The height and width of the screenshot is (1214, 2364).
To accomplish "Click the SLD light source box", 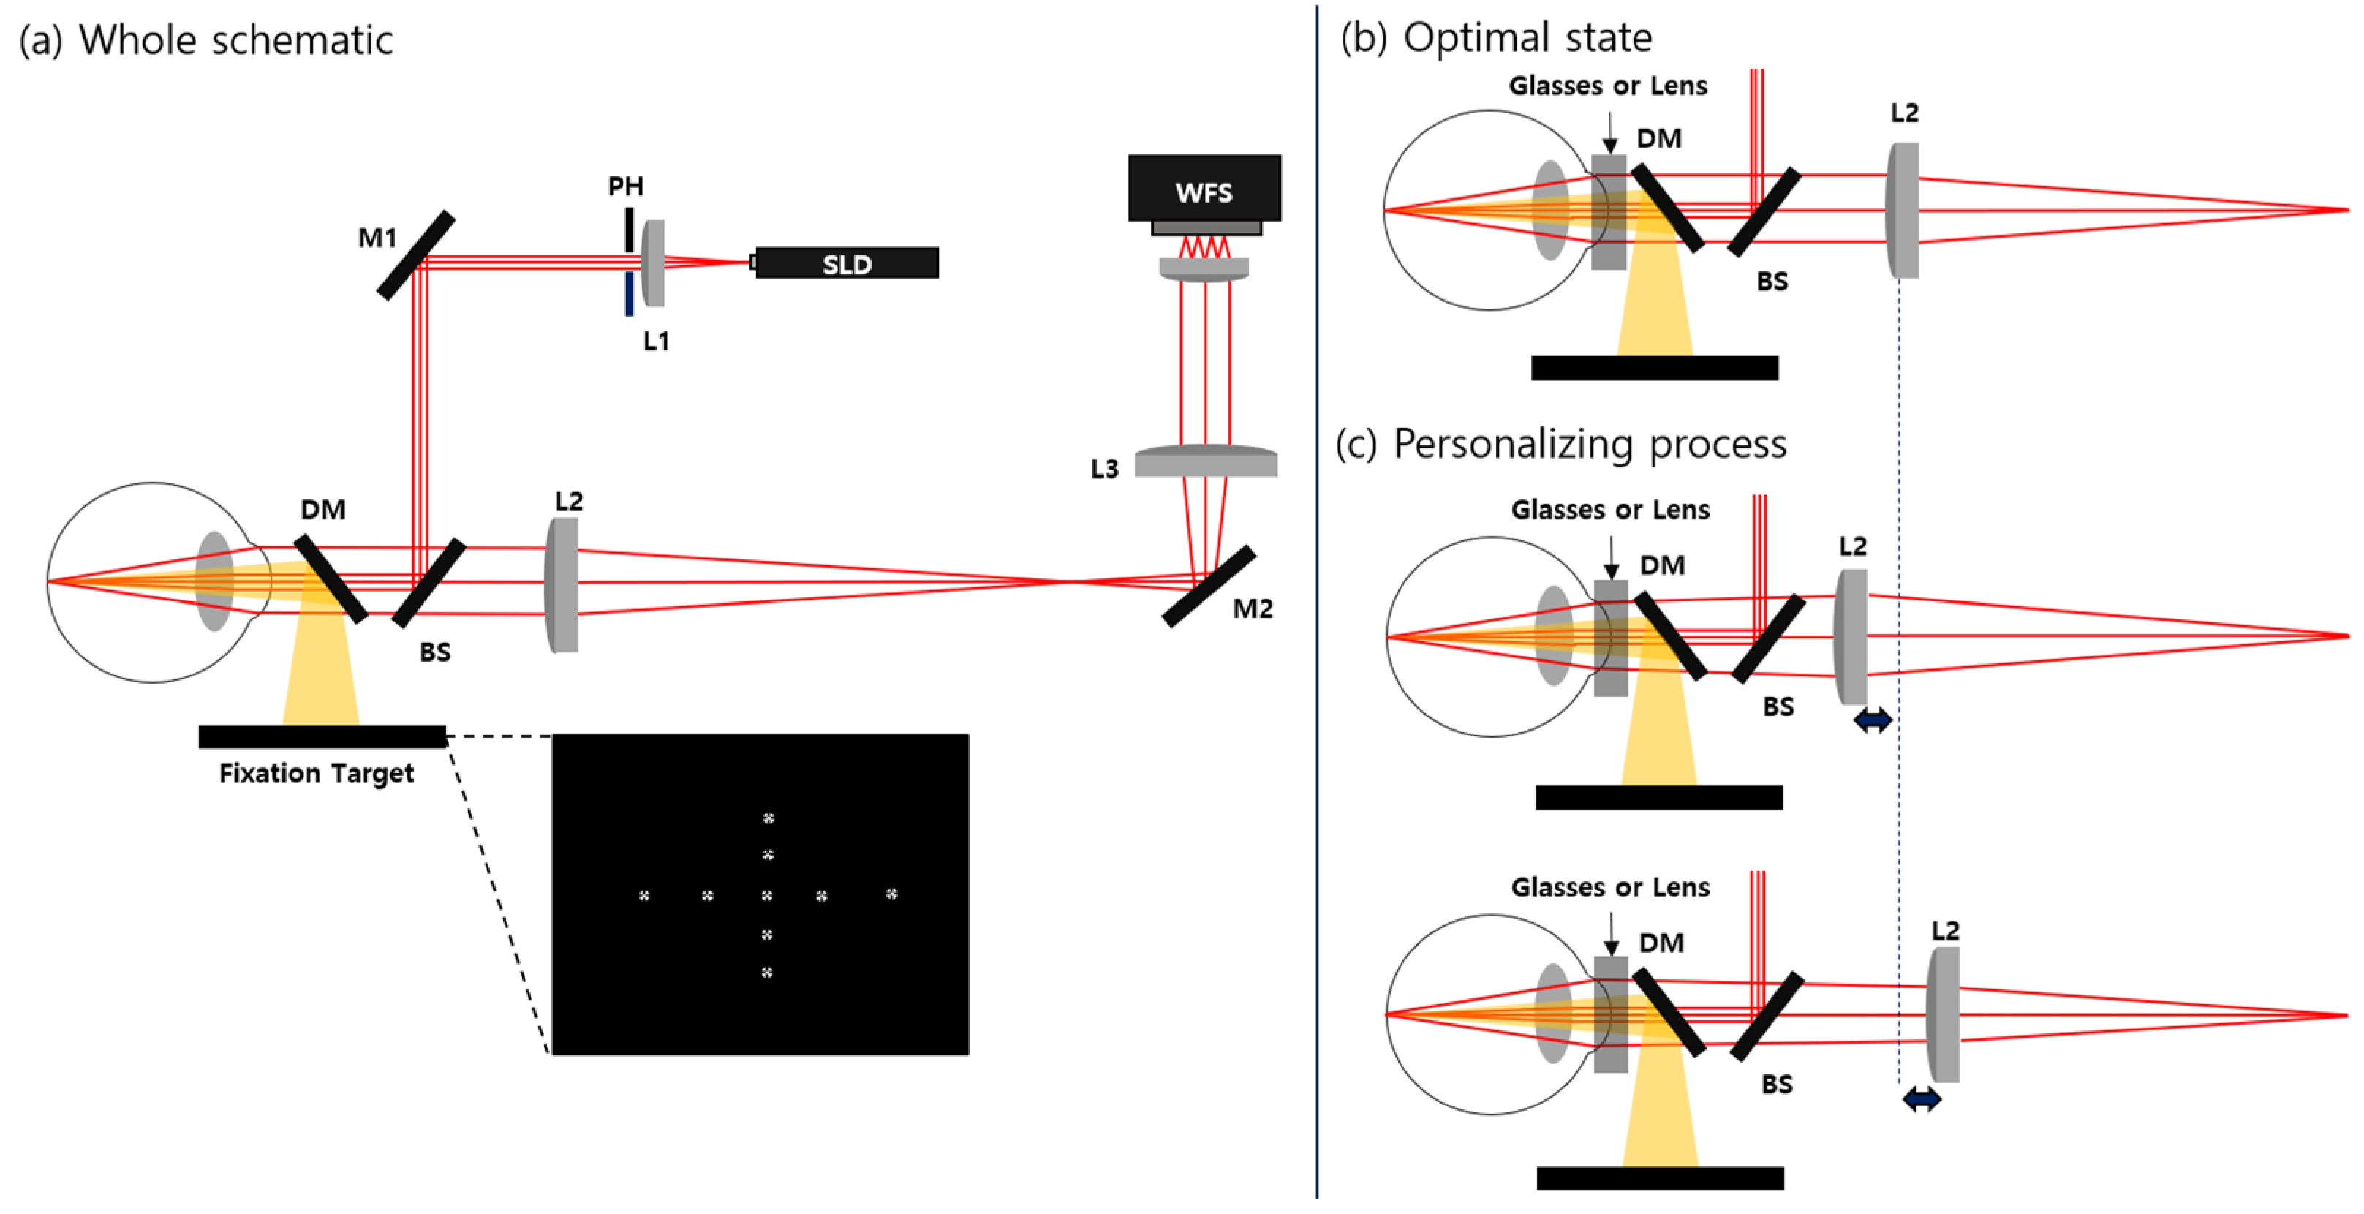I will [x=846, y=263].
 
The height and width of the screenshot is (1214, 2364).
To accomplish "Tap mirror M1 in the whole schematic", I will [x=416, y=255].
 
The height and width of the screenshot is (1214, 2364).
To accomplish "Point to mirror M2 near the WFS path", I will [x=1208, y=587].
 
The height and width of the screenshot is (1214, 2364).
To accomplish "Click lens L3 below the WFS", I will [x=1205, y=461].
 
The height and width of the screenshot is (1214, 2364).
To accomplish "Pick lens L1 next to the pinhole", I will [x=654, y=263].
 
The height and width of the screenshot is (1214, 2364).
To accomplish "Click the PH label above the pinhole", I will [x=626, y=186].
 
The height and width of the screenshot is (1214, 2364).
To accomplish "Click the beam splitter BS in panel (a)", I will [x=428, y=584].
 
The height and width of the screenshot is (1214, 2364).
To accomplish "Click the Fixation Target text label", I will [x=316, y=774].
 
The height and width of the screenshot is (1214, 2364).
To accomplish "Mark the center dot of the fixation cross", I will [x=767, y=894].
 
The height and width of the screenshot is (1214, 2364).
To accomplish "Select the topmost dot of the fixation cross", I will [x=768, y=818].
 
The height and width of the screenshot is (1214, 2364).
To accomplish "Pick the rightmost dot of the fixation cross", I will [x=891, y=893].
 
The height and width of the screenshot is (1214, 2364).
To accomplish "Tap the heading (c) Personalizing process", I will [x=1560, y=444].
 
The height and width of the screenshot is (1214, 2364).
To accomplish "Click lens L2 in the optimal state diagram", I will [x=1903, y=210].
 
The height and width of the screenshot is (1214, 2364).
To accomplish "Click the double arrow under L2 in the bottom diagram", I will [x=1922, y=1098].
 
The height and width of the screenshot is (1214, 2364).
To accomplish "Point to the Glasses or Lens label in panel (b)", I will [x=1608, y=86].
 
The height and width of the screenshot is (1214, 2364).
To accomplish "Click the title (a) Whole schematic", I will [x=205, y=40].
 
